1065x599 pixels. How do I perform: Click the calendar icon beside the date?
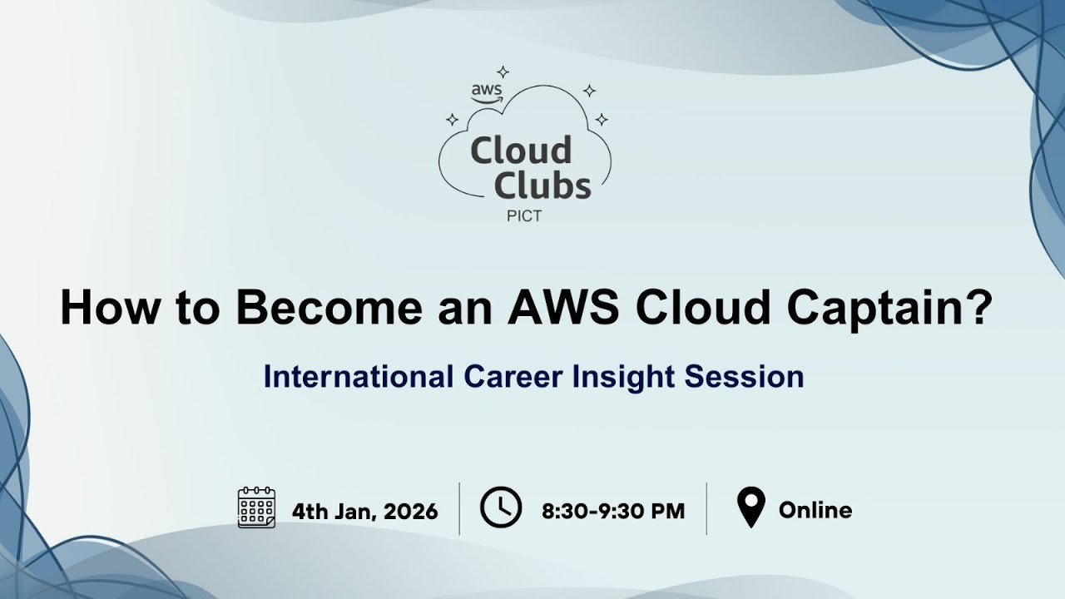(x=256, y=507)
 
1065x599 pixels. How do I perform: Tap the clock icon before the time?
(x=501, y=507)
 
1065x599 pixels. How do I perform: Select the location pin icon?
(x=750, y=507)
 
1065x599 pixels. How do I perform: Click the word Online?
(x=815, y=510)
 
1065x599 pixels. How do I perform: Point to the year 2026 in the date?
(x=411, y=512)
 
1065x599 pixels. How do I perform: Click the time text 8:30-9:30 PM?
(x=613, y=512)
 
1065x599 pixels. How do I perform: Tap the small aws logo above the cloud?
(x=487, y=93)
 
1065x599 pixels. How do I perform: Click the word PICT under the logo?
(x=524, y=216)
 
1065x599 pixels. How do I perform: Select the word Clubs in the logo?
(x=542, y=185)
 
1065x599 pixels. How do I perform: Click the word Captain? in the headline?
(x=891, y=309)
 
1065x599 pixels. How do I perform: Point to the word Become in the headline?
(x=329, y=307)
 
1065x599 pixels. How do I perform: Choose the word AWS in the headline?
(x=563, y=307)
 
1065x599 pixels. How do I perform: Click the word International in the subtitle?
(x=359, y=377)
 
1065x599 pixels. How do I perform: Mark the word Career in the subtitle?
(x=513, y=377)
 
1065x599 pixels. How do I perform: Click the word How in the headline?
(x=109, y=307)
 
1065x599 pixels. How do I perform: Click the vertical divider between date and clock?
(x=459, y=508)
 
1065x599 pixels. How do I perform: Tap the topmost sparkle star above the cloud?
(x=503, y=72)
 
